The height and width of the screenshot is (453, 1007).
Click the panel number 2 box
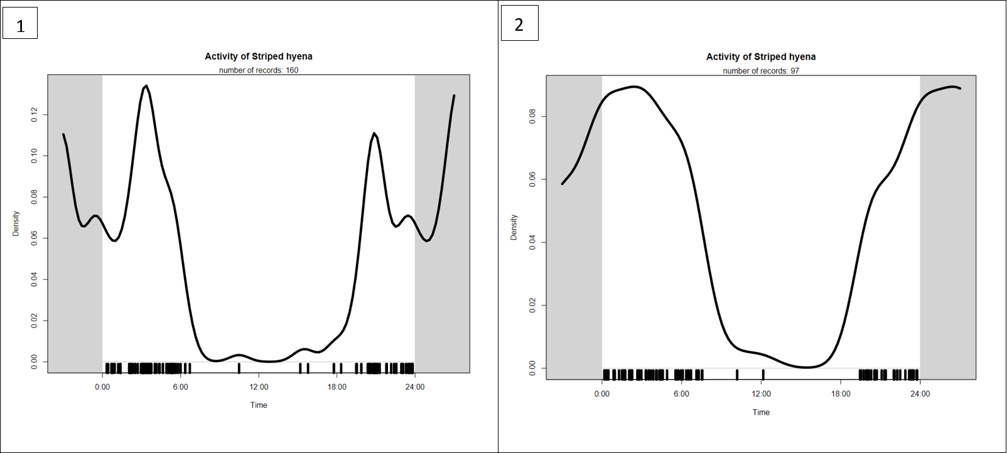click(519, 24)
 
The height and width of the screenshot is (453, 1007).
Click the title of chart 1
click(259, 56)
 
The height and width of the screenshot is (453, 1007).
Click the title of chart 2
click(761, 57)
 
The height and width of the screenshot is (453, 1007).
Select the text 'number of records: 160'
click(259, 70)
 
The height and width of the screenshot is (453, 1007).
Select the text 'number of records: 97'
click(761, 71)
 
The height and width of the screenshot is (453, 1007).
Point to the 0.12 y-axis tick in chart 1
click(35, 114)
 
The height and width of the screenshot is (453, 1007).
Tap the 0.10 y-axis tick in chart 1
click(35, 156)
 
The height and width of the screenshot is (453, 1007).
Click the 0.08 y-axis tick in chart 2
click(532, 117)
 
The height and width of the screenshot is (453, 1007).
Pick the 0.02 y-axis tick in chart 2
click(532, 306)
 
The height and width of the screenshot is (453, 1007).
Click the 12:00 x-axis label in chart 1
click(259, 387)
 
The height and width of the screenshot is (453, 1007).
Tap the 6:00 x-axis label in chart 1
click(180, 387)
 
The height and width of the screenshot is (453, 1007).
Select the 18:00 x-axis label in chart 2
click(841, 394)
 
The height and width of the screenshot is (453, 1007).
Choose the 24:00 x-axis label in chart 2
click(920, 394)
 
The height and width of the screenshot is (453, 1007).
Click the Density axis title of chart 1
click(16, 223)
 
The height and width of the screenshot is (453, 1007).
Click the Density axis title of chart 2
click(514, 227)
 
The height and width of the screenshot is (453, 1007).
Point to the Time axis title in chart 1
click(259, 405)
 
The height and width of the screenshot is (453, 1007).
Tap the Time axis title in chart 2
click(761, 412)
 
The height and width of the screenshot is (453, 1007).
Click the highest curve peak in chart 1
click(146, 86)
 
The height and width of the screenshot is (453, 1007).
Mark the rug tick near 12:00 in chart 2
click(763, 375)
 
